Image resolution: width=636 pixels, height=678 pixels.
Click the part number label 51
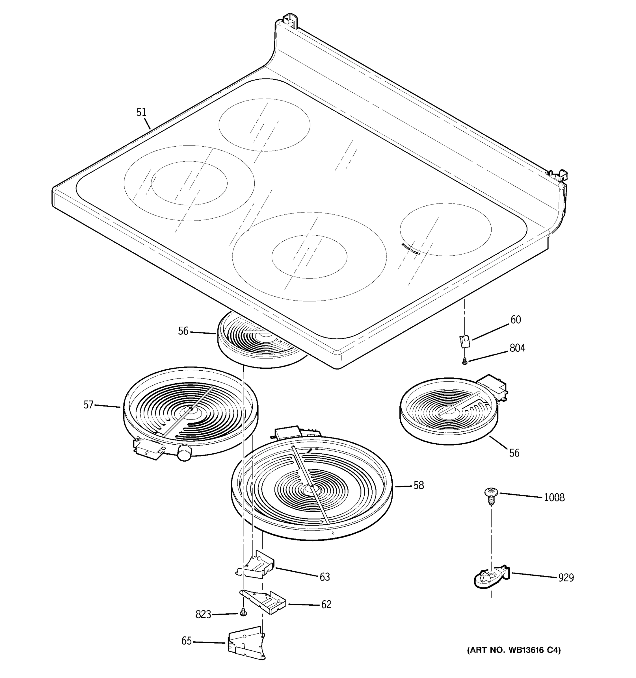tap(141, 112)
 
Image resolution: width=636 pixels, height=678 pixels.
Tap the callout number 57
tap(88, 405)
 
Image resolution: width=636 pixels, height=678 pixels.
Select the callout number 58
tap(419, 485)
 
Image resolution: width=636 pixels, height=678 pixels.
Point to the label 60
tap(516, 320)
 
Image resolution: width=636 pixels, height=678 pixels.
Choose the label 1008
tap(554, 497)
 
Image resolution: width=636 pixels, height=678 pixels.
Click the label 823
tap(203, 614)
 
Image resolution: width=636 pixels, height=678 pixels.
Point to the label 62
tap(326, 604)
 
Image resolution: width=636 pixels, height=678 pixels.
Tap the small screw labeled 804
tap(464, 361)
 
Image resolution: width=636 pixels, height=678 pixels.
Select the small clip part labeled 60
tap(464, 341)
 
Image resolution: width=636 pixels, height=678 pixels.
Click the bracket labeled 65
tap(246, 643)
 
